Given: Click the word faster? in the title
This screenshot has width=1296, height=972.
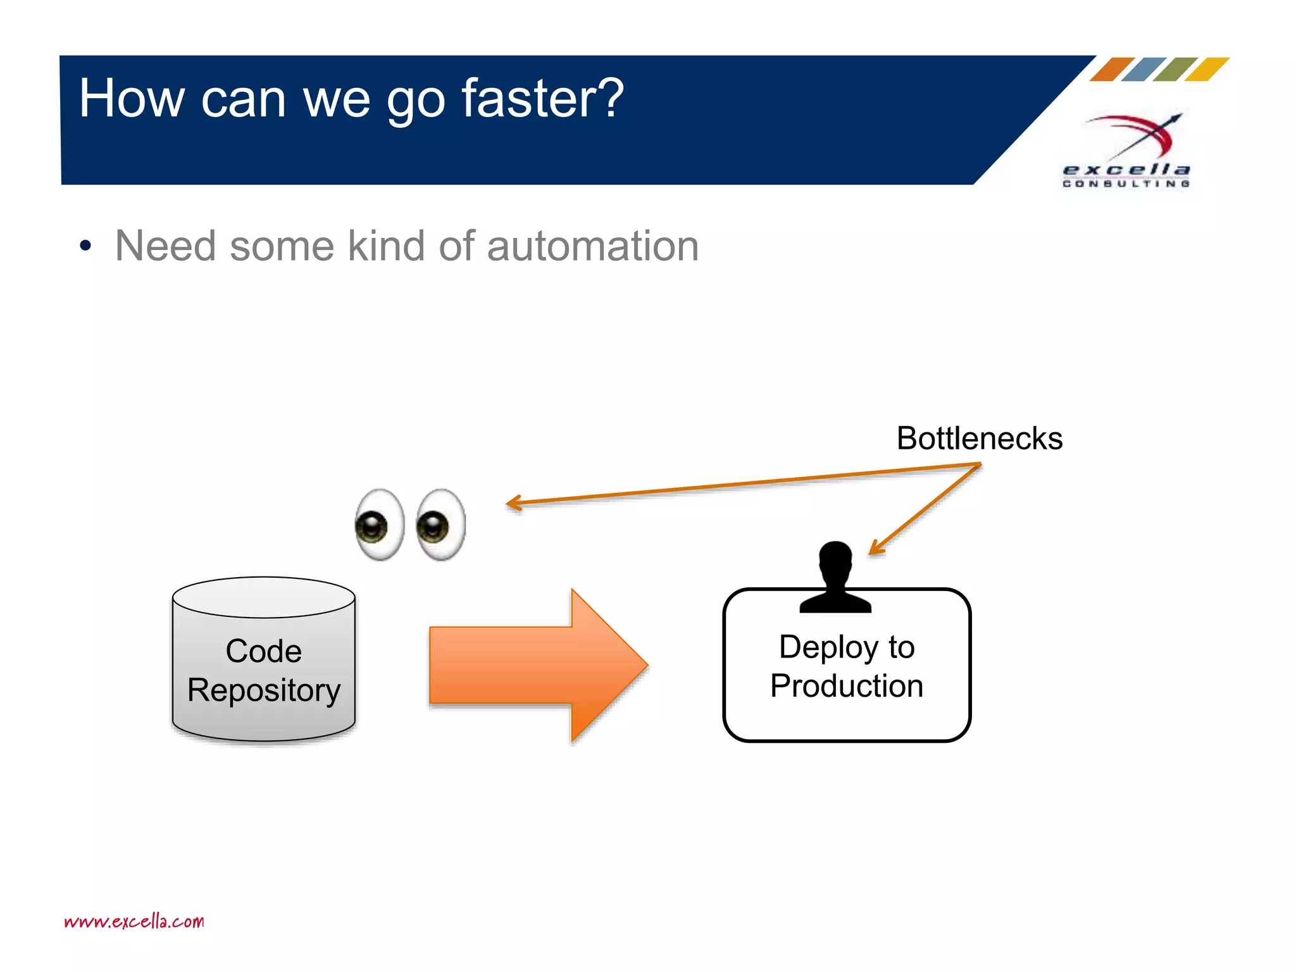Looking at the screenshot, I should click(542, 99).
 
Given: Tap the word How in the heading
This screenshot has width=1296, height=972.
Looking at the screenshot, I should click(131, 99).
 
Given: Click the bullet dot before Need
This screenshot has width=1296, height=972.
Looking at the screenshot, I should click(85, 246).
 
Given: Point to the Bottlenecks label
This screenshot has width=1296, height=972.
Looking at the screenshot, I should click(979, 439).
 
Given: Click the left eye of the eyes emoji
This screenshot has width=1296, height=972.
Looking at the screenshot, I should click(379, 525).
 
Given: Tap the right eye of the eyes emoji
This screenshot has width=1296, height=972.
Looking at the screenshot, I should click(441, 525).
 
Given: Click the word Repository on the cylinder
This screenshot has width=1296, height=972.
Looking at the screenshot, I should click(264, 690).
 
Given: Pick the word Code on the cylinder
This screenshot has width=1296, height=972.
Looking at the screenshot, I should click(264, 651).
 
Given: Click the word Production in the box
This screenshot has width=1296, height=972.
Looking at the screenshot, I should click(846, 686).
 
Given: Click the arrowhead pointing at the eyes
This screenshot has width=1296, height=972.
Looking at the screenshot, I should click(513, 503).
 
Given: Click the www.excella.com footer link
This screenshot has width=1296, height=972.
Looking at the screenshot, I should click(134, 921).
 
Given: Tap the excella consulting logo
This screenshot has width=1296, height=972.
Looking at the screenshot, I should click(1126, 152).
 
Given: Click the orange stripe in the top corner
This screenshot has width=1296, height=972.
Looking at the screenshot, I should click(1112, 70).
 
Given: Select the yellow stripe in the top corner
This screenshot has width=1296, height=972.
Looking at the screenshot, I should click(1207, 70).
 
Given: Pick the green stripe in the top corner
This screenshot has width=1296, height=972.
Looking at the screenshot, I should click(1175, 70).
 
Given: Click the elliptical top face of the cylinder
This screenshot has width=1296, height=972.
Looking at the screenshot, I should click(264, 597).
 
